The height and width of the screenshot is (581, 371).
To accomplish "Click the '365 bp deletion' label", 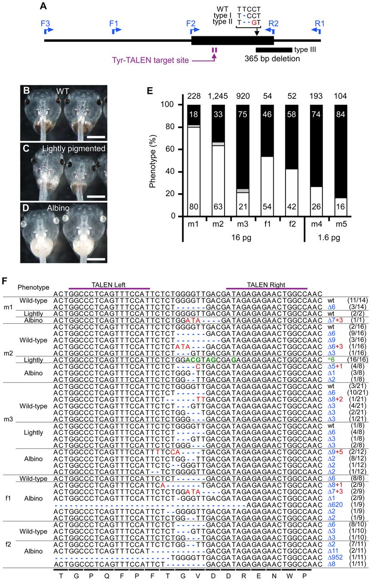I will [272, 59].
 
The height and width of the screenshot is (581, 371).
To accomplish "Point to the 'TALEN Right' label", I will [266, 285].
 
